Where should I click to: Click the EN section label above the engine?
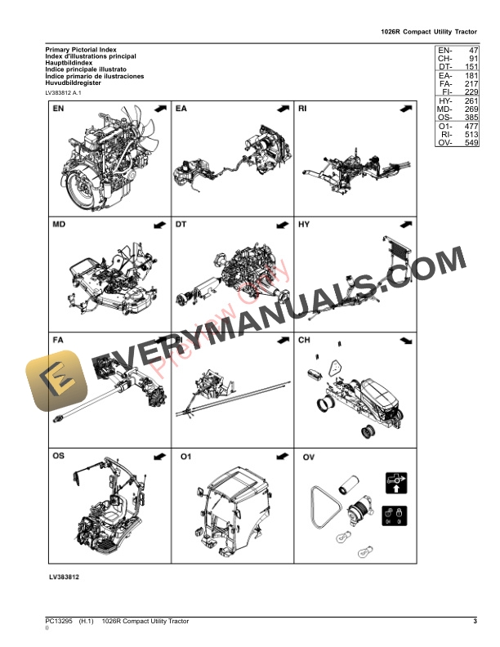[59, 109]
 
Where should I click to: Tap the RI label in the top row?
[303, 109]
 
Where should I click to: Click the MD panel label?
[60, 224]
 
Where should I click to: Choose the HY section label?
[304, 224]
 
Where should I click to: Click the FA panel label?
[59, 340]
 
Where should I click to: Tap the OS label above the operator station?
[60, 456]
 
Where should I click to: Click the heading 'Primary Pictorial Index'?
[81, 50]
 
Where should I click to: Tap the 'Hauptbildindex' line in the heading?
[69, 63]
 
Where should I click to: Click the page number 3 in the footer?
[475, 622]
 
